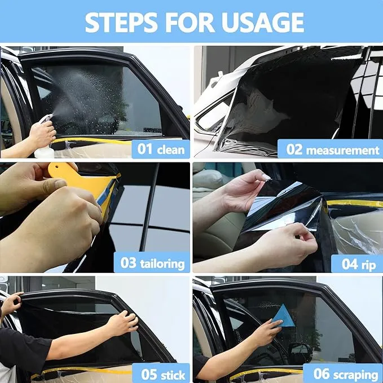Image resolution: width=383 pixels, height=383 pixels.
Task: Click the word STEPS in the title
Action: click(x=121, y=22)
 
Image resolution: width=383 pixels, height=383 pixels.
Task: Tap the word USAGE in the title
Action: click(x=263, y=22)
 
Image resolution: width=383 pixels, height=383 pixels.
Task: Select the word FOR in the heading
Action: click(x=190, y=22)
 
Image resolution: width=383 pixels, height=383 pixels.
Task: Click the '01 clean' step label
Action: click(x=161, y=149)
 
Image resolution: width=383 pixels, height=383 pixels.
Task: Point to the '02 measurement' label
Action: click(x=333, y=149)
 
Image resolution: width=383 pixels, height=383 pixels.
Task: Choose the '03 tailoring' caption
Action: click(x=152, y=263)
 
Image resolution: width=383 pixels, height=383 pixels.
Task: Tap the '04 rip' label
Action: click(x=358, y=264)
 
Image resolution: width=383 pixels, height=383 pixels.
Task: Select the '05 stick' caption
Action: click(x=163, y=374)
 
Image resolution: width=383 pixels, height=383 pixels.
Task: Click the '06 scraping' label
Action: click(x=345, y=374)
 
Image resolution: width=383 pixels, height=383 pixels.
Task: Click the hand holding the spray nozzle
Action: click(x=42, y=132)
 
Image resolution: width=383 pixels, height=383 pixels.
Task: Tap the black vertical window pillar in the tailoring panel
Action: click(x=149, y=208)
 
